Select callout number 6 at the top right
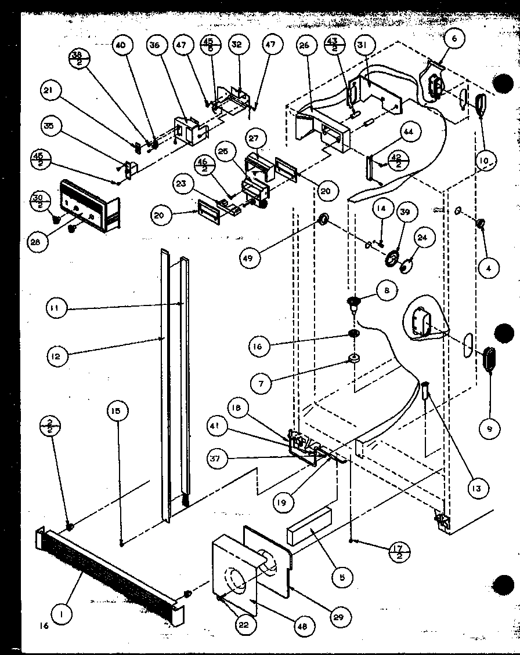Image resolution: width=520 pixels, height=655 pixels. coord(454,38)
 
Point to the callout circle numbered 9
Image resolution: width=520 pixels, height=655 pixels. coord(490,429)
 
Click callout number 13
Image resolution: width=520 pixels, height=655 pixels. coord(476,489)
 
